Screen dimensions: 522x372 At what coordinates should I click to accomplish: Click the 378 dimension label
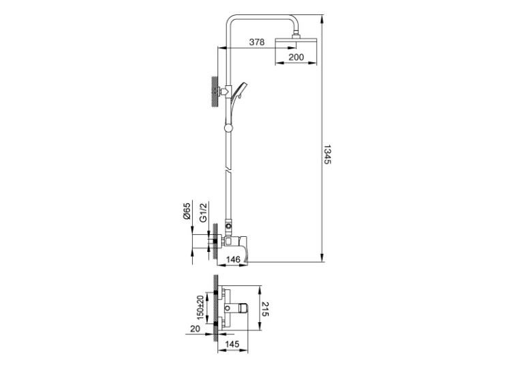pos(257,42)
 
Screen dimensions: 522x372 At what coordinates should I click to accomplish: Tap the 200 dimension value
pos(296,57)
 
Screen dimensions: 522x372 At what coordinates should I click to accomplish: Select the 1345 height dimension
pos(327,154)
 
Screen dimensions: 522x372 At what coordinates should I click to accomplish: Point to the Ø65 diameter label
pos(187,211)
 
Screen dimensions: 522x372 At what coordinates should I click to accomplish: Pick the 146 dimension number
pos(232,259)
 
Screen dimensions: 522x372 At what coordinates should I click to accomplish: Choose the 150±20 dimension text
pos(200,308)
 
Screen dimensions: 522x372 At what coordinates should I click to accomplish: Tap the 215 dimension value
pos(266,309)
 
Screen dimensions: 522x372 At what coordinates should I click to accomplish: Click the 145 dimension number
pos(232,344)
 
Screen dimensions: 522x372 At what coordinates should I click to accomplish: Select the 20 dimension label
pos(195,329)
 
